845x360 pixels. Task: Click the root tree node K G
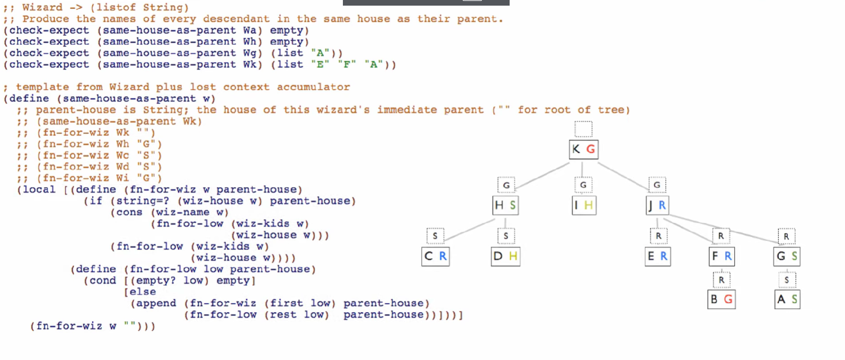(x=583, y=149)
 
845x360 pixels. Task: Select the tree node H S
(x=505, y=205)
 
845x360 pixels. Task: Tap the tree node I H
(x=584, y=205)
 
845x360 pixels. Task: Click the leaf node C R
(x=435, y=257)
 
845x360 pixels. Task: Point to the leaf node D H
(x=505, y=257)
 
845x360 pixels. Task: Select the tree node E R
(x=658, y=257)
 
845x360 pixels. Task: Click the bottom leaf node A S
(x=787, y=299)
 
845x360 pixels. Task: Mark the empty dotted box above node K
(x=583, y=129)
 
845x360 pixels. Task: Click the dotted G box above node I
(x=583, y=185)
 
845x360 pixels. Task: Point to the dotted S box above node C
(x=435, y=236)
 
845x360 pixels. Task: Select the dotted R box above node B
(x=721, y=280)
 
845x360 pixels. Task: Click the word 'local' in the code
(x=39, y=189)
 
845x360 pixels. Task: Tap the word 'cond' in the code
(x=103, y=281)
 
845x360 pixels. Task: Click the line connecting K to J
(x=622, y=176)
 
